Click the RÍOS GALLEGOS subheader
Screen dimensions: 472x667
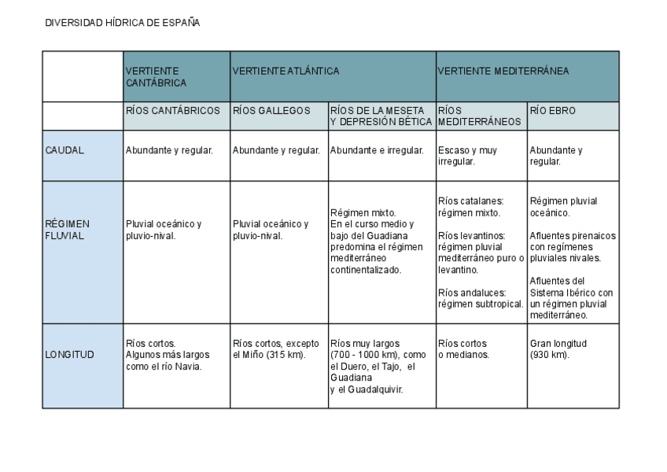272,111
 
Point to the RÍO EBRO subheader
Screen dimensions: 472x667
553,111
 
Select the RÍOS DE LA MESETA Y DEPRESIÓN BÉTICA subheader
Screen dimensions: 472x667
381,116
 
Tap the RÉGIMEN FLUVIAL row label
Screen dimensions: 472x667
67,230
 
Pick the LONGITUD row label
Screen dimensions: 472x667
69,355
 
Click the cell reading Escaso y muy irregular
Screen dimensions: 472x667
467,156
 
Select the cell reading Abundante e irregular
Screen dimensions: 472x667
377,150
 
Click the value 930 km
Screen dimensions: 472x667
555,355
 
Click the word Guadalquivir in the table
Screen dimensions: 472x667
374,389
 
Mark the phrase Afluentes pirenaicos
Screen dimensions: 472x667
572,235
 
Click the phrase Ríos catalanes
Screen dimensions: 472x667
470,201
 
